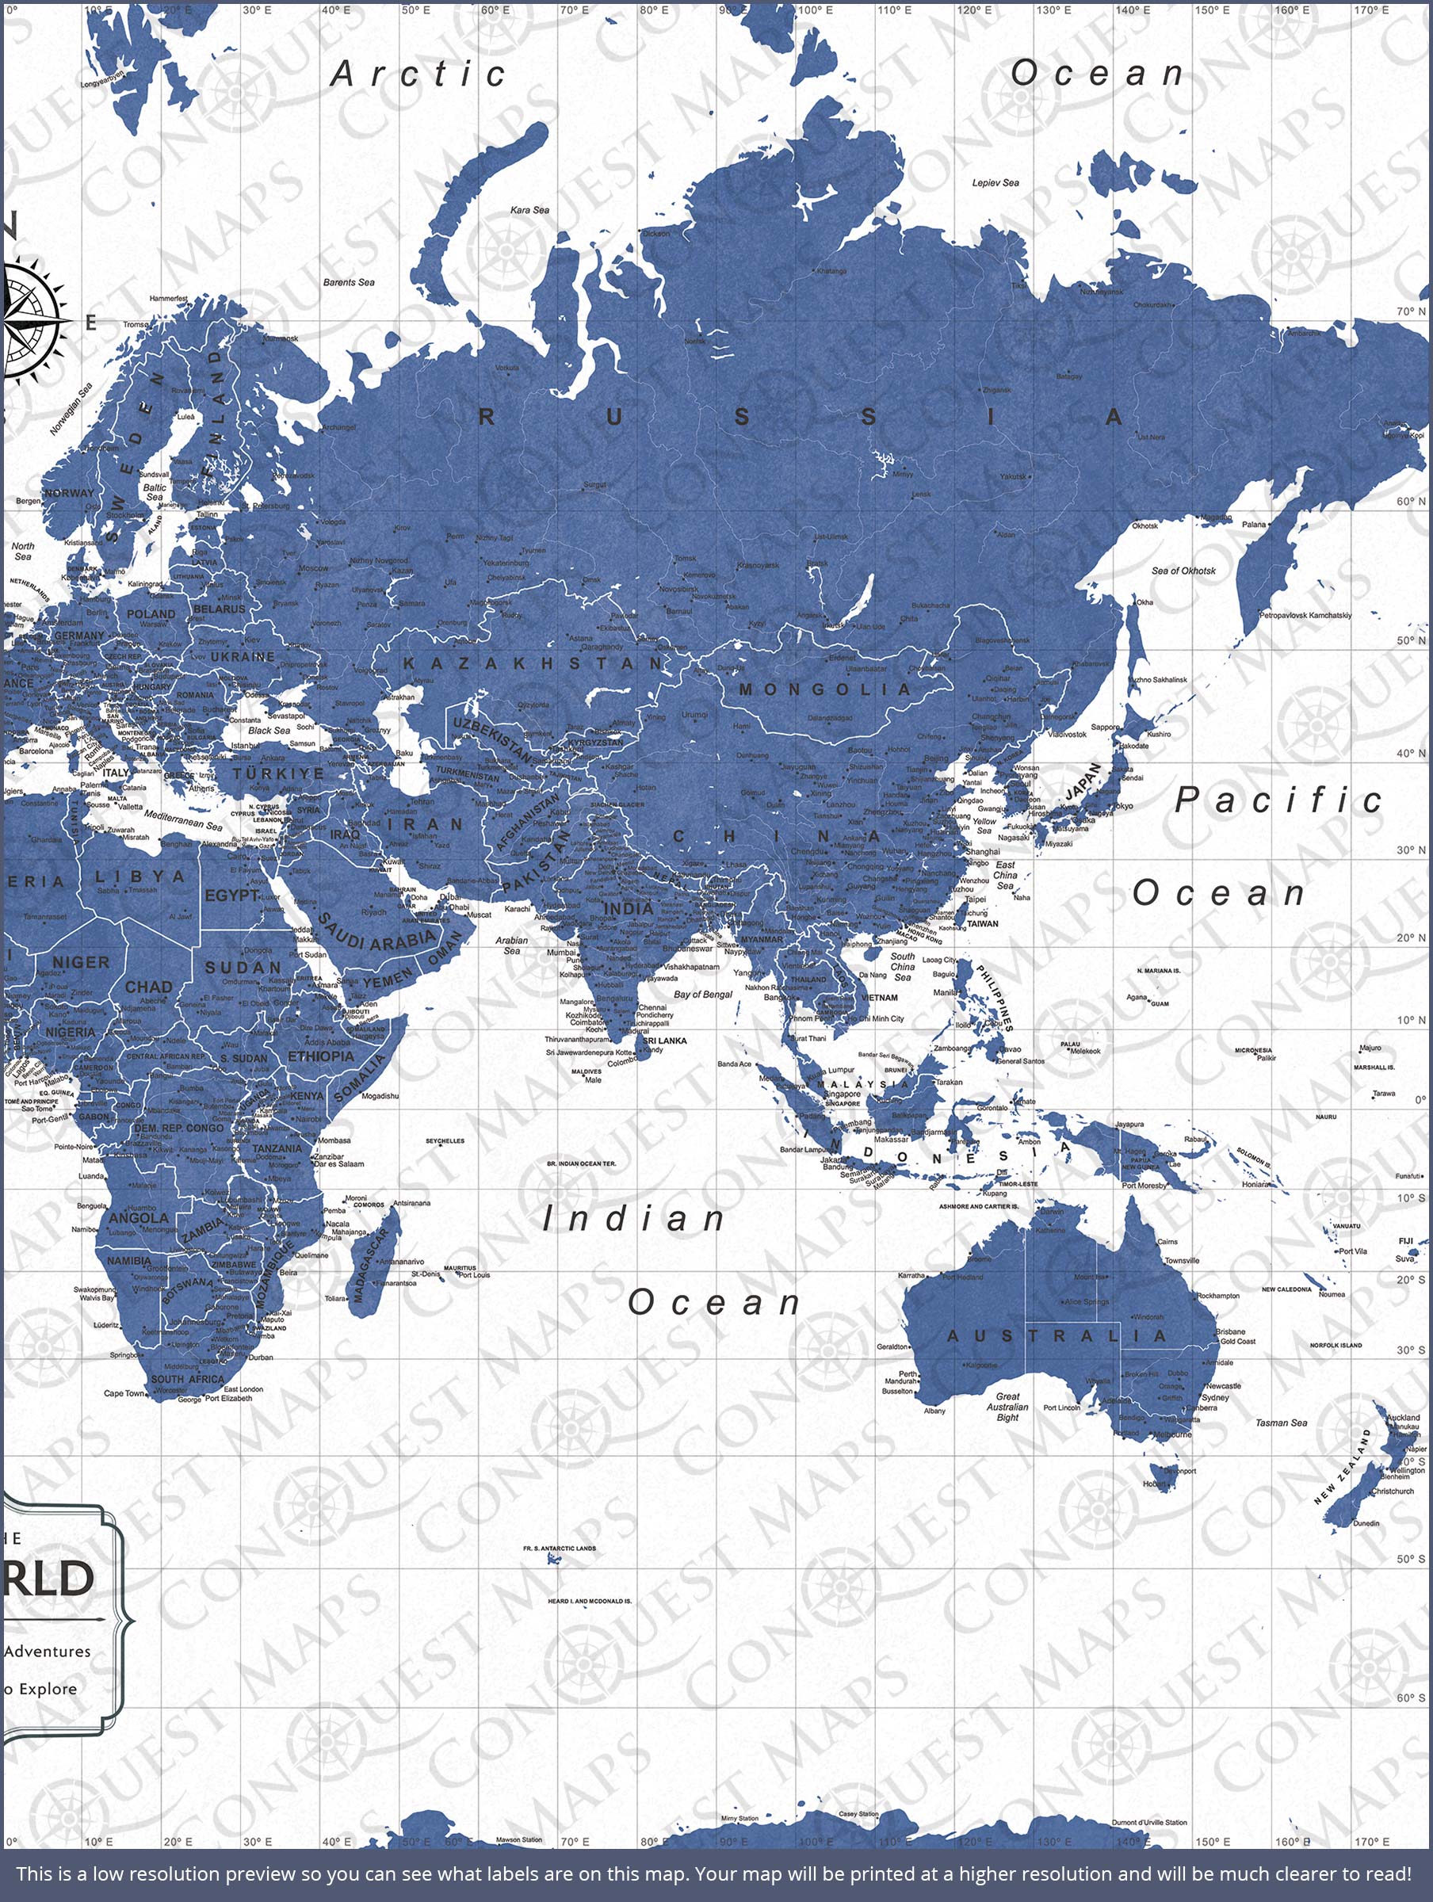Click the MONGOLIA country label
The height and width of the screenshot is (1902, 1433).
point(825,689)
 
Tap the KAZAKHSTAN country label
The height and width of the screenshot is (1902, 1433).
point(533,663)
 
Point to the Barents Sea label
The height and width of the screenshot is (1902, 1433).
point(349,282)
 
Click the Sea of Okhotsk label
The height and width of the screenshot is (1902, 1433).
point(1183,571)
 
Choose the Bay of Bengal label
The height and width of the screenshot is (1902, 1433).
point(703,994)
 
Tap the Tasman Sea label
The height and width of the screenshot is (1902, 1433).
point(1281,1423)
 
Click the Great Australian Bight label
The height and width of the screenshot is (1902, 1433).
point(1007,1407)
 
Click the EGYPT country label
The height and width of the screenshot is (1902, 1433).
point(231,895)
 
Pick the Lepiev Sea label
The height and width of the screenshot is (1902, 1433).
point(995,183)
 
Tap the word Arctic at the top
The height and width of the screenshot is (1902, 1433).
point(419,74)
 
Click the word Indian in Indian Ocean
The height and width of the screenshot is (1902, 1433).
point(634,1220)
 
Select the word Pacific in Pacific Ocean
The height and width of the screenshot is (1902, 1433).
point(1278,800)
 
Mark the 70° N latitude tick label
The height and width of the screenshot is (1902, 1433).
point(1411,311)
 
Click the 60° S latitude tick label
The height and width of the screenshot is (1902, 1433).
point(1411,1698)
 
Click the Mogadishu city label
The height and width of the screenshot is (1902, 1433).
point(380,1096)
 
